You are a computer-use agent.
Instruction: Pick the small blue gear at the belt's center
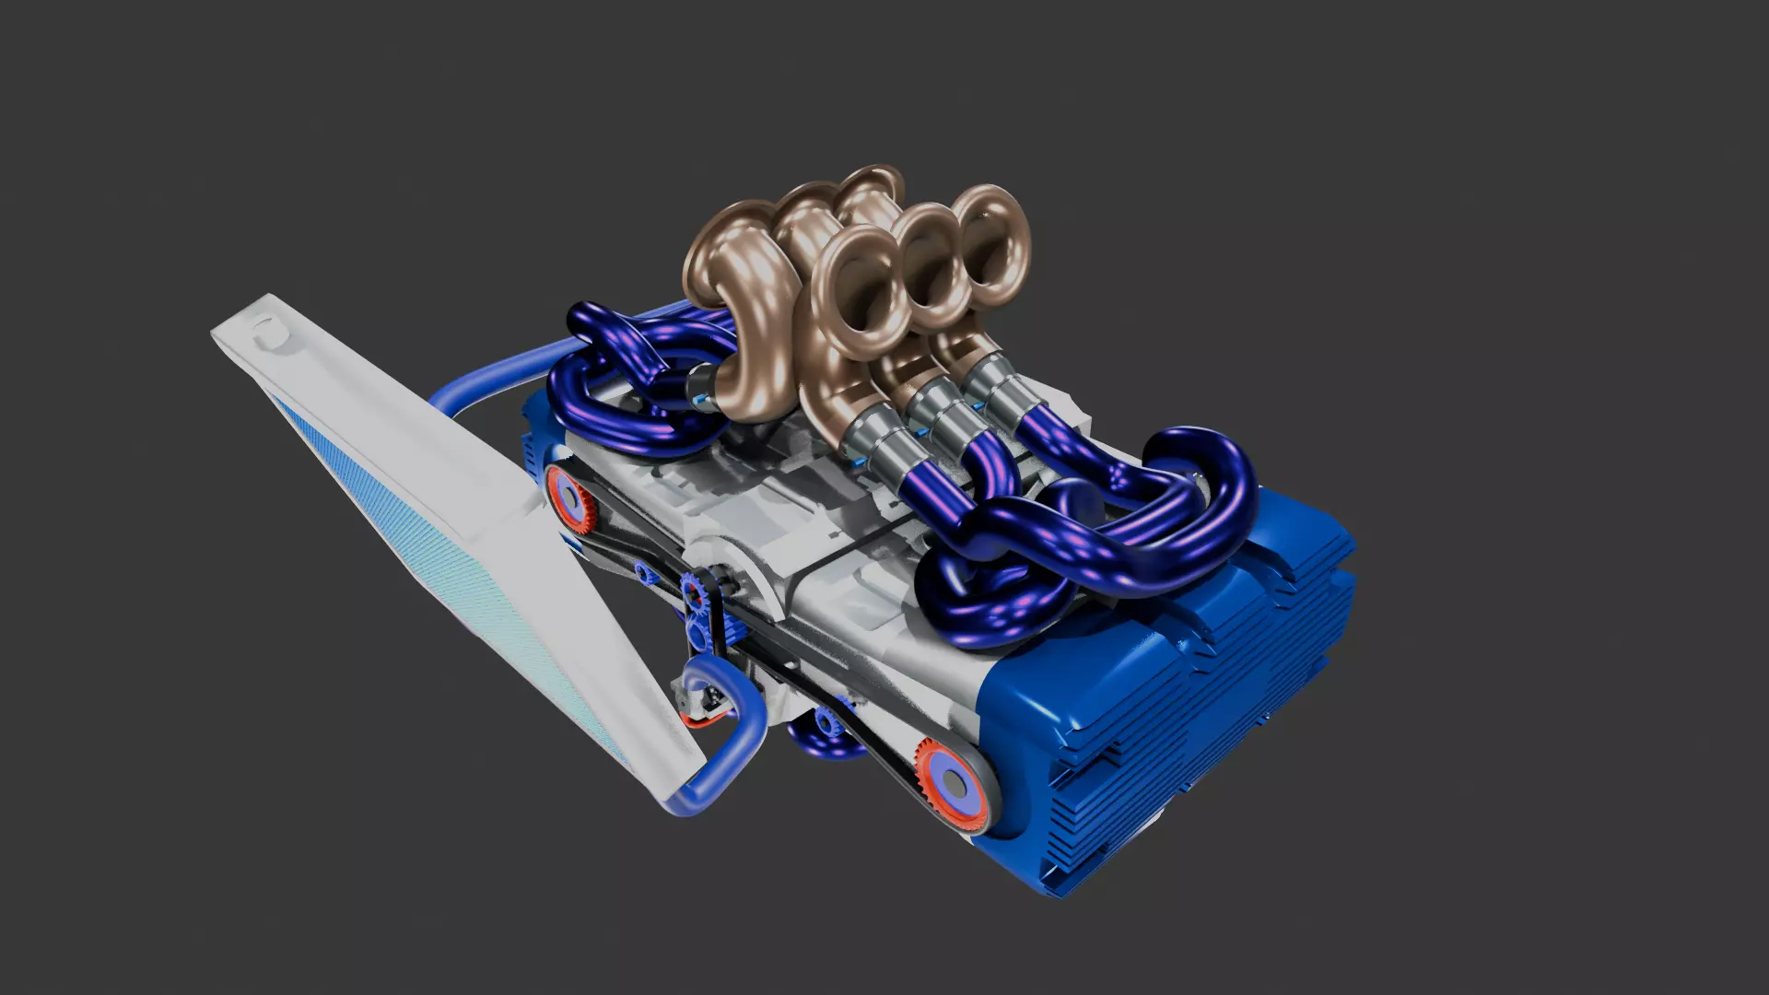(x=694, y=591)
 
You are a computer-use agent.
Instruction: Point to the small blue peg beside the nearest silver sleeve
(x=859, y=460)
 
